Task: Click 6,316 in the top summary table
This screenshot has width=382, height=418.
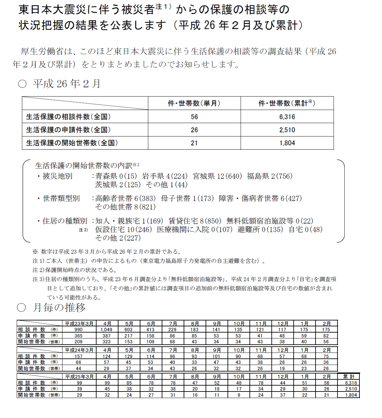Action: click(x=287, y=117)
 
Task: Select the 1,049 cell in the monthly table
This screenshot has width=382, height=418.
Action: click(x=107, y=330)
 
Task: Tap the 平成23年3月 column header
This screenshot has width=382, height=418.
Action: click(x=79, y=323)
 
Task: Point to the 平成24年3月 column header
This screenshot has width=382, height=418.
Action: click(x=79, y=350)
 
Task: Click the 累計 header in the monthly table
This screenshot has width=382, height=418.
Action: click(x=349, y=377)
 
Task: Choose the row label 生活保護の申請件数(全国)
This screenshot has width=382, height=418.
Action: click(x=68, y=130)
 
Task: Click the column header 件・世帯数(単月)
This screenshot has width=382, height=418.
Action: click(x=194, y=103)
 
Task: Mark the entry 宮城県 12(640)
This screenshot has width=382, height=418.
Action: click(x=217, y=176)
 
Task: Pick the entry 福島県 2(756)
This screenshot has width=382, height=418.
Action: click(x=269, y=176)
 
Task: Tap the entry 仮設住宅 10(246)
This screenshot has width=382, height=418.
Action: click(x=124, y=230)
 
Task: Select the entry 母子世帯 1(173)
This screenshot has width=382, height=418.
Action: click(x=187, y=198)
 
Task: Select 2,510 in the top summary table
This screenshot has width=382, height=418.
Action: click(x=287, y=130)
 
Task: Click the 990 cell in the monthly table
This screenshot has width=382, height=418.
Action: click(x=78, y=330)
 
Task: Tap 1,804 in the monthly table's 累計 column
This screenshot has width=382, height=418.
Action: click(x=351, y=395)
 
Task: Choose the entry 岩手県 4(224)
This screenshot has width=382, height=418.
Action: click(x=165, y=176)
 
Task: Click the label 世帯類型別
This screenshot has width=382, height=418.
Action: click(x=61, y=198)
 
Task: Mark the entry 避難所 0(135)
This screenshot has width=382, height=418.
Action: click(x=260, y=230)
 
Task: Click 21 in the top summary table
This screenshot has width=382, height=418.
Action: click(x=194, y=143)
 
